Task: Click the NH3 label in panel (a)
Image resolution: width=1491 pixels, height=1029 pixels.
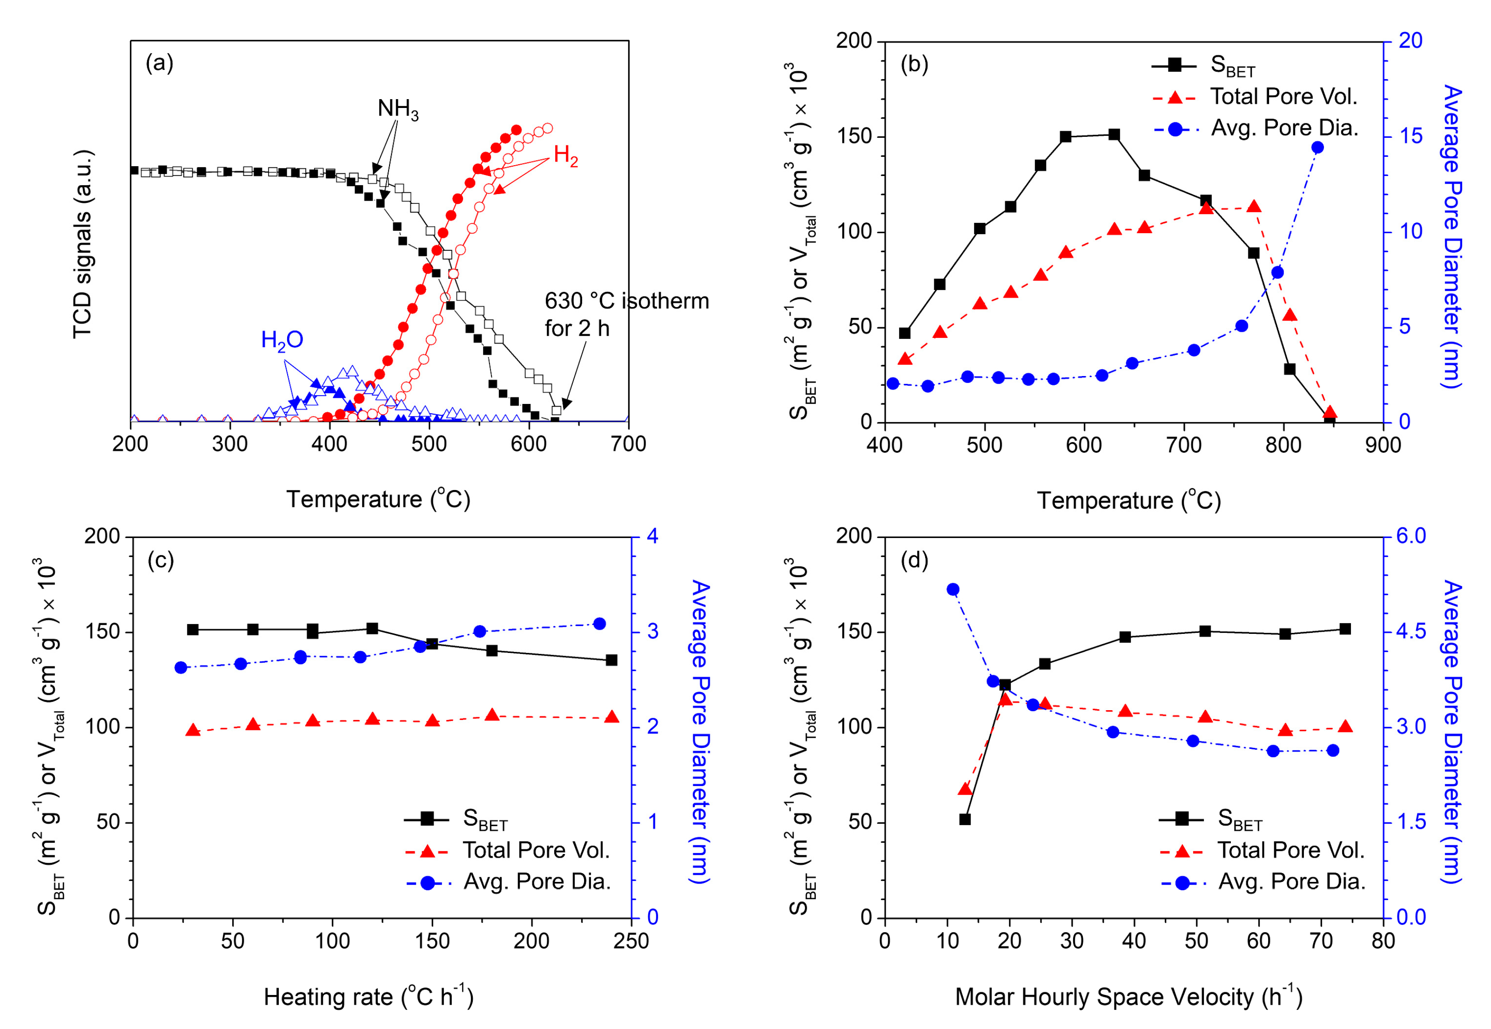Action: point(397,109)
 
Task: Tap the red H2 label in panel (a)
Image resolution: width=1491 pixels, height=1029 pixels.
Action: point(565,155)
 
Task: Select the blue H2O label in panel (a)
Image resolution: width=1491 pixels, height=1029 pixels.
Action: point(282,340)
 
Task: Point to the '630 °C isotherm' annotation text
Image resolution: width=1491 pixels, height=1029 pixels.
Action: point(626,301)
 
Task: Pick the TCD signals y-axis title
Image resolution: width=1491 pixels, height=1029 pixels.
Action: point(82,244)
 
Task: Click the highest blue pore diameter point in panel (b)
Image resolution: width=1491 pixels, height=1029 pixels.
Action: point(1317,148)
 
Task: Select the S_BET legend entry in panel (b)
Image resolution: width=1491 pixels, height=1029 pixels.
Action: point(1231,65)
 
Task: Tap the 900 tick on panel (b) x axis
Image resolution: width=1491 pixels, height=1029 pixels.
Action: point(1383,445)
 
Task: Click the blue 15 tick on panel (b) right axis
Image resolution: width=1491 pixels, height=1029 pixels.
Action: point(1411,136)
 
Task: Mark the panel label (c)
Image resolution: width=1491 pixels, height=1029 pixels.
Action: point(161,559)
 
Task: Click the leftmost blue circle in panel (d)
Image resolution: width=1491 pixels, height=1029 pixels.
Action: point(952,589)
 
